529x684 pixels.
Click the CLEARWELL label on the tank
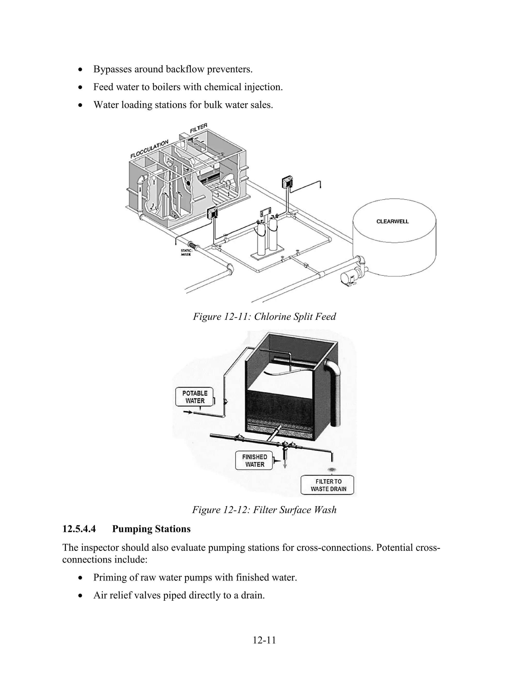(392, 221)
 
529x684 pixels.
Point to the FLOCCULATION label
(150, 149)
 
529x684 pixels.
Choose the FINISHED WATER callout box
(254, 461)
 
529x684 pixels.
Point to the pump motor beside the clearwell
(348, 277)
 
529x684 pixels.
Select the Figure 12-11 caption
(264, 316)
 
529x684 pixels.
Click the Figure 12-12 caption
(264, 510)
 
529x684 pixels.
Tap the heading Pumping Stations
(151, 529)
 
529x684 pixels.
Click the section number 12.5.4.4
(79, 529)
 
